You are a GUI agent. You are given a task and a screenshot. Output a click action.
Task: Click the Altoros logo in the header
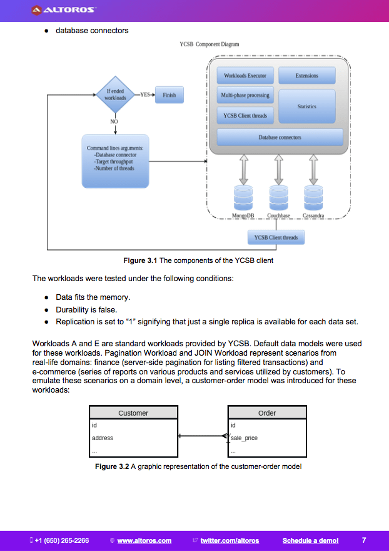coord(64,10)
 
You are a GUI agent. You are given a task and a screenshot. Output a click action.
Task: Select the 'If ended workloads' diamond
coord(115,95)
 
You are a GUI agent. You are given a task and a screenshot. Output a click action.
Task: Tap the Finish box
coord(169,95)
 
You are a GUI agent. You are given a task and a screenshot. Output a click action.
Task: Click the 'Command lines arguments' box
coord(115,161)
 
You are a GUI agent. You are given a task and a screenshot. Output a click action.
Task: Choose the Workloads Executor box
coord(245,76)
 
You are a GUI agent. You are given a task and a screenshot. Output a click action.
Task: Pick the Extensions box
coord(307,76)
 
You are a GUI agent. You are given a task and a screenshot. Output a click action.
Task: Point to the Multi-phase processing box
coord(245,95)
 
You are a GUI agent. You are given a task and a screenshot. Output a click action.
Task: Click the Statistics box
coord(307,106)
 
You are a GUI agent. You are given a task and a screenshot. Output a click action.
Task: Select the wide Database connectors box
coord(280,137)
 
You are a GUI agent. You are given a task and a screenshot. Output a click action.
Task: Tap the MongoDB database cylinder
coord(243,197)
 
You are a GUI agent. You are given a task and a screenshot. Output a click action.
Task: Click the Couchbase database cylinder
coord(278,197)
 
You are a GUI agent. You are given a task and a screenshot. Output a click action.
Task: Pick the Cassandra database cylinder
coord(313,197)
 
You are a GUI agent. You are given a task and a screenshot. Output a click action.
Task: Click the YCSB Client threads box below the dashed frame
coord(276,237)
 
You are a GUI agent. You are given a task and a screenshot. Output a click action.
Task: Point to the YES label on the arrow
coord(145,95)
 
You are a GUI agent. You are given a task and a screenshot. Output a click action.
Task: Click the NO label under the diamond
coord(114,121)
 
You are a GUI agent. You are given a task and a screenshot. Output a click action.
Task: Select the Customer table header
coord(133,413)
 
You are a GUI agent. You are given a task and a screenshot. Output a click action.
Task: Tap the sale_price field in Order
coord(245,438)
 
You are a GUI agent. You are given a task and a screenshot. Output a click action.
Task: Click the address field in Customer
coord(103,438)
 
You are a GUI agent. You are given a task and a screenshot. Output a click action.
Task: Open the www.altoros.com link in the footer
coord(144,540)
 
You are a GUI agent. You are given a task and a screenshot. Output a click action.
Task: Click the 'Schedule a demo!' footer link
coord(310,540)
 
